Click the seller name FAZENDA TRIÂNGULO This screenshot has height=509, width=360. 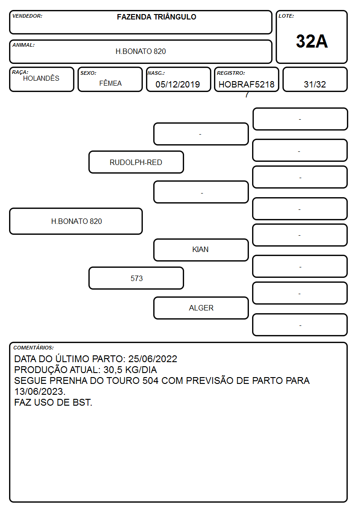[x=156, y=17]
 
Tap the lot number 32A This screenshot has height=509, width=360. [x=311, y=41]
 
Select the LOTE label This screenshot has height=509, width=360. [x=286, y=16]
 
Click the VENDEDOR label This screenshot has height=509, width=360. [x=27, y=16]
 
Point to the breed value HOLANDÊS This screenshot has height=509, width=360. [x=41, y=78]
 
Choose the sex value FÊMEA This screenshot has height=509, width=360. [x=110, y=83]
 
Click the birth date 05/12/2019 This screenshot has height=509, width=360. [x=178, y=84]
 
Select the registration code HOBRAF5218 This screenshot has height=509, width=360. [x=246, y=84]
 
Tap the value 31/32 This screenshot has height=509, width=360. [x=315, y=84]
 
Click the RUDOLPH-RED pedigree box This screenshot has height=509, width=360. [x=136, y=162]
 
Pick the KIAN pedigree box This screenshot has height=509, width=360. [x=201, y=250]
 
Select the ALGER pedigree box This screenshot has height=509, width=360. [x=201, y=308]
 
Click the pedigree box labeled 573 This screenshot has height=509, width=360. [x=136, y=278]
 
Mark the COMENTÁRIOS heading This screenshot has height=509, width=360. [x=34, y=348]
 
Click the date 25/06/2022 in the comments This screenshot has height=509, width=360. [x=153, y=359]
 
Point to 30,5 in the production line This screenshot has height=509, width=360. [x=114, y=370]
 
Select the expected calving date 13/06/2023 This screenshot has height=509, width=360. [x=39, y=392]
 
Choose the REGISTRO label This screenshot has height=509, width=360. [x=231, y=73]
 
